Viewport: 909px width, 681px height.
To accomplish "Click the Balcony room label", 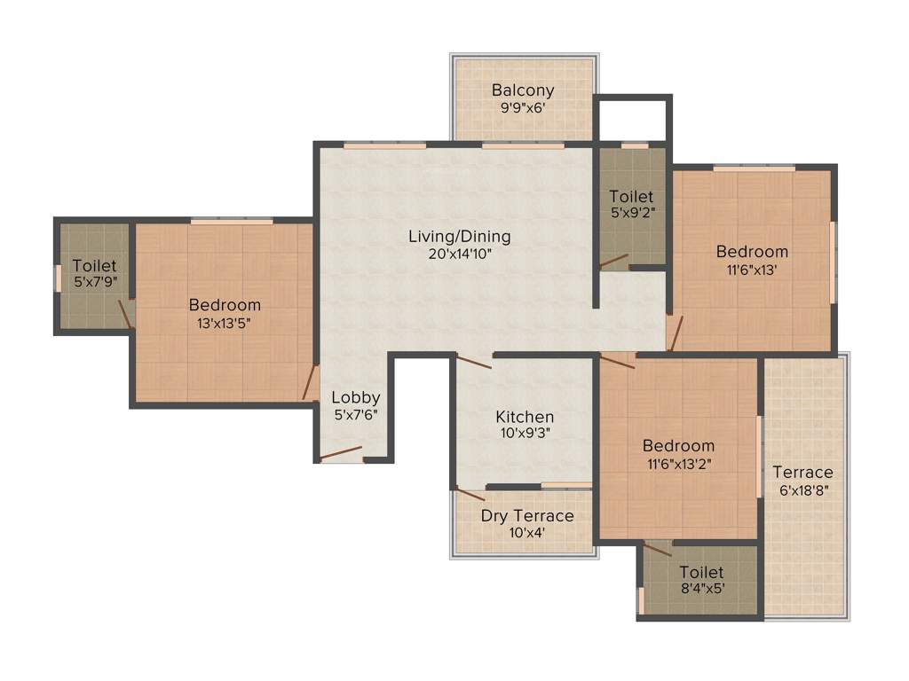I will (x=523, y=90).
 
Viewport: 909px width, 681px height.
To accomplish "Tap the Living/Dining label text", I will (x=459, y=237).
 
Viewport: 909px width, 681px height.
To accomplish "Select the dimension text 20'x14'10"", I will (x=459, y=254).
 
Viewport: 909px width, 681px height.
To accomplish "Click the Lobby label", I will (x=356, y=398).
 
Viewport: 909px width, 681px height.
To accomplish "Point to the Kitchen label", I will (x=525, y=417).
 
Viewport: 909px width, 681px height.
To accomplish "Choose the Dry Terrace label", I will (x=527, y=516).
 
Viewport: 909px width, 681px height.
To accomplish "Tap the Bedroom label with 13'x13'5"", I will (x=225, y=305).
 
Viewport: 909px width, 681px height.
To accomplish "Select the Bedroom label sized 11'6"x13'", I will (x=752, y=252).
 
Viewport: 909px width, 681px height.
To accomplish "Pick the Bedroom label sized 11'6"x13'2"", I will (x=678, y=446).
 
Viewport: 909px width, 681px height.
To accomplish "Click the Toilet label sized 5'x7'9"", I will (x=94, y=265).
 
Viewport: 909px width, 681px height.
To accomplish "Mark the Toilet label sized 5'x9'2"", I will (x=631, y=196).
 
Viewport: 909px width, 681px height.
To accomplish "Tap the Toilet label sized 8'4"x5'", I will (x=701, y=573).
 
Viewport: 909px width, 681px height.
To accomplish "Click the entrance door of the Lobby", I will (x=341, y=454).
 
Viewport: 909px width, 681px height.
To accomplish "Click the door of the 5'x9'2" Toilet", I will (x=613, y=262).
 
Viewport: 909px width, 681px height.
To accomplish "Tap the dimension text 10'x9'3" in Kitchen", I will (x=525, y=434).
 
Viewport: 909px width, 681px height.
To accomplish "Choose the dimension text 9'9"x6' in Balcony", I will (x=523, y=108).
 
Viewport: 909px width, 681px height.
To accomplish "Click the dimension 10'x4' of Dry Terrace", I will (x=527, y=534).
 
